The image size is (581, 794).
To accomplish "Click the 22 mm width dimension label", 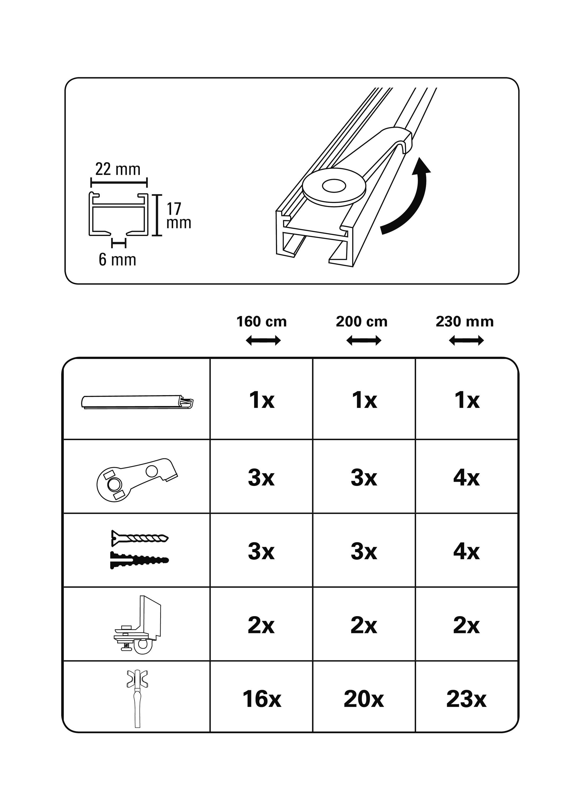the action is coord(118,169).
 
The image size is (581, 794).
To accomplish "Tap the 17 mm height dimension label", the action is coord(179,216).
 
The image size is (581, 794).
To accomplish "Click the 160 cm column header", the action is coord(262,322).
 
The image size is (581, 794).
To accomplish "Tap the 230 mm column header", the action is coord(464,322).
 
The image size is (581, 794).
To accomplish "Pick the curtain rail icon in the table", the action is coord(137,402).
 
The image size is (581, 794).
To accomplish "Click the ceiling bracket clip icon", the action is coord(137,479).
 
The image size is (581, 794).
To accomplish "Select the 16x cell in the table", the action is coord(262,699).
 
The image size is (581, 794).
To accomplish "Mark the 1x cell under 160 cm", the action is coord(262,400).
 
